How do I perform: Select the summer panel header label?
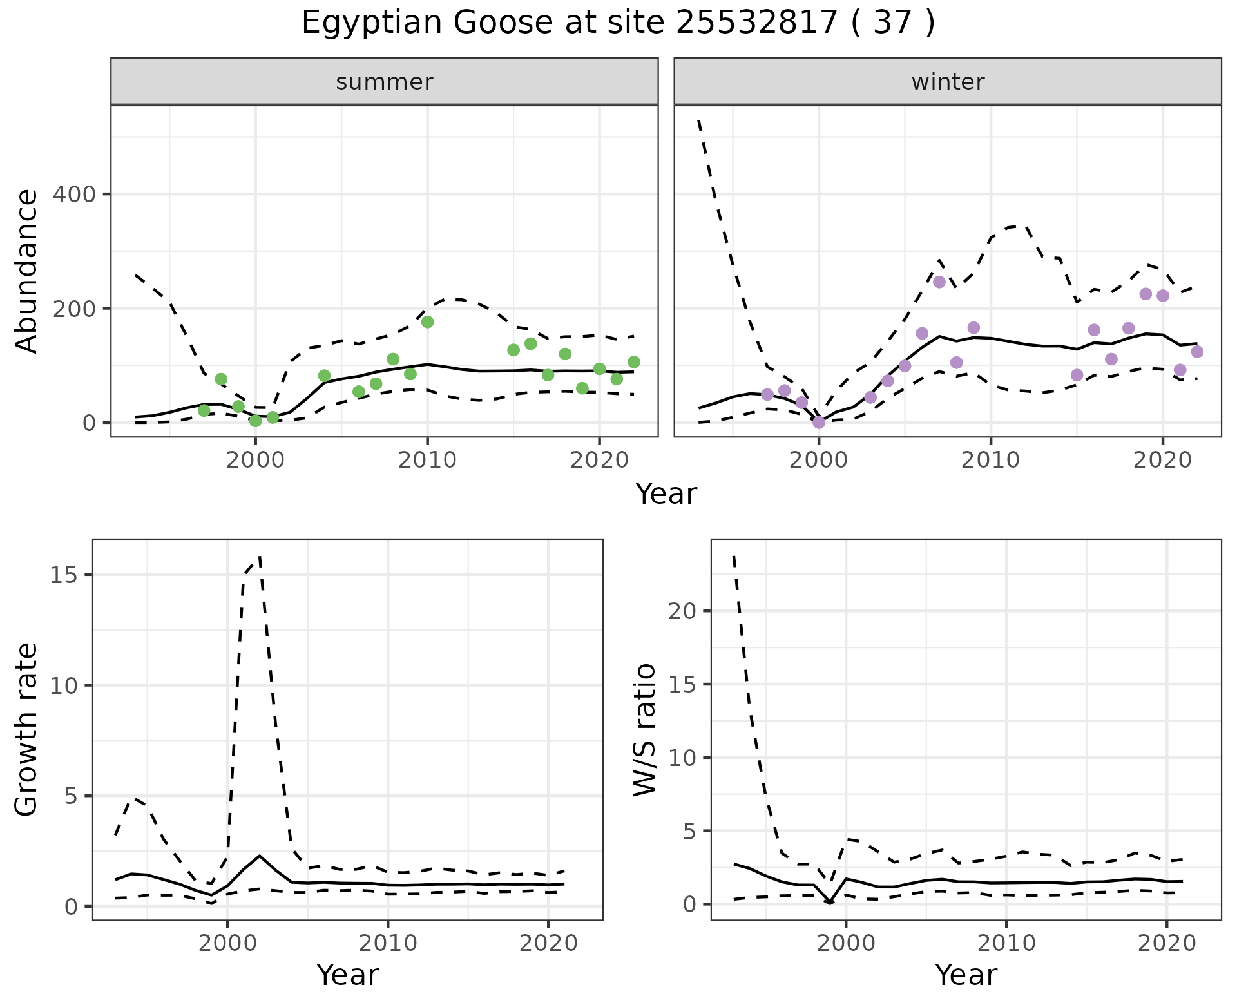pyautogui.click(x=385, y=82)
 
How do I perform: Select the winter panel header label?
pyautogui.click(x=948, y=82)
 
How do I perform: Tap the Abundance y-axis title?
pyautogui.click(x=27, y=271)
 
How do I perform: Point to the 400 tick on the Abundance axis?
pyautogui.click(x=73, y=194)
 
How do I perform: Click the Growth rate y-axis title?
pyautogui.click(x=27, y=729)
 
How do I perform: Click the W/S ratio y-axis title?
pyautogui.click(x=645, y=729)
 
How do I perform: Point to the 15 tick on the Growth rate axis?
pyautogui.click(x=62, y=575)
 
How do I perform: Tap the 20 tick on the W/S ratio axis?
pyautogui.click(x=682, y=611)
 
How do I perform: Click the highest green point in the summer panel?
pyautogui.click(x=427, y=322)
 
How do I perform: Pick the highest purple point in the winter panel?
pyautogui.click(x=939, y=282)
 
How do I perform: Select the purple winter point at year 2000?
pyautogui.click(x=819, y=423)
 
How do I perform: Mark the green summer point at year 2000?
pyautogui.click(x=256, y=421)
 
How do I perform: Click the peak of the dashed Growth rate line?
pyautogui.click(x=259, y=555)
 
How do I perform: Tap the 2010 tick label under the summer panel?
pyautogui.click(x=427, y=461)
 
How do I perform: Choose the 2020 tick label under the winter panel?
pyautogui.click(x=1163, y=461)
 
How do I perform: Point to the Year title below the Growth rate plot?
pyautogui.click(x=347, y=975)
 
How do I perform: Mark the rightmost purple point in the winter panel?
pyautogui.click(x=1197, y=352)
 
